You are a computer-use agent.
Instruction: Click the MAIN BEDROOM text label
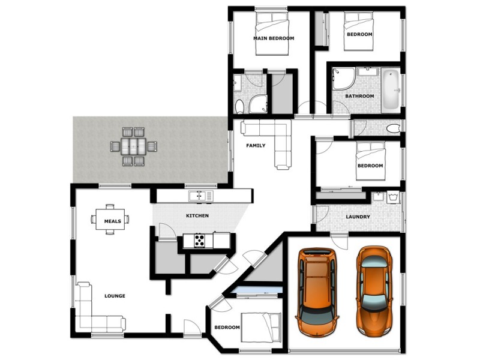pos(274,38)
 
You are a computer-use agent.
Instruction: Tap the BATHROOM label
pos(359,96)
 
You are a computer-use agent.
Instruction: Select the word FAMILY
pos(256,146)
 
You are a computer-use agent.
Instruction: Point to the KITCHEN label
pos(197,215)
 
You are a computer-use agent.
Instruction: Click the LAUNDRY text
pos(358,217)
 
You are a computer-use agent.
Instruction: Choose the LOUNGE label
pos(115,296)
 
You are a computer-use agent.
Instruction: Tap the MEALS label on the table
pos(112,221)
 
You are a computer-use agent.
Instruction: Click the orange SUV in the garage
pos(317,293)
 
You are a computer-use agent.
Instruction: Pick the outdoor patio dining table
pos(134,146)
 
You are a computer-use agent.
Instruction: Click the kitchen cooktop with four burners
pos(199,241)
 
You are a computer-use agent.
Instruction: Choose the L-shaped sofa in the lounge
pos(96,312)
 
